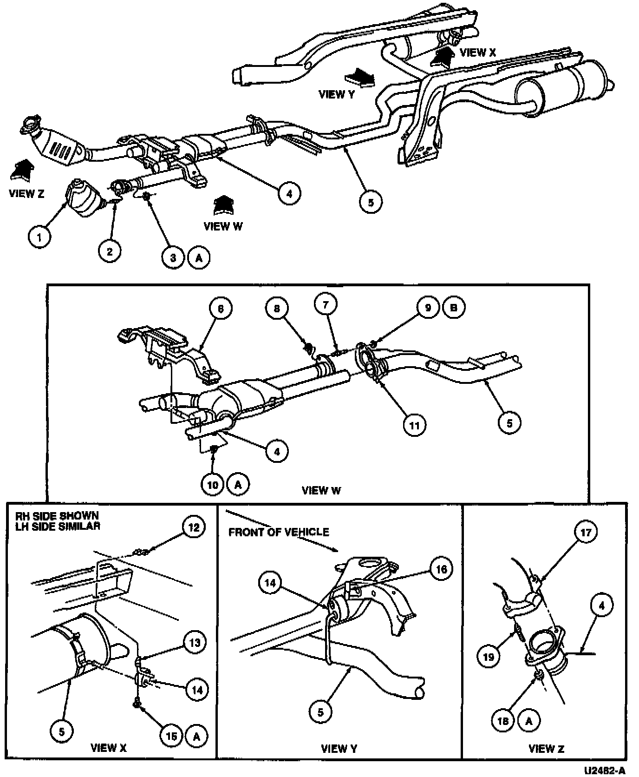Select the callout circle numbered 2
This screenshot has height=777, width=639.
coord(110,251)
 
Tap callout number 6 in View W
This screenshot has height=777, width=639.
coord(221,309)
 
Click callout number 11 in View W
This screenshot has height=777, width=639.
coord(414,424)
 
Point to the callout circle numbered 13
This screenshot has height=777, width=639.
coord(195,643)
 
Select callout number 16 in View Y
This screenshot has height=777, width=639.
coord(441,569)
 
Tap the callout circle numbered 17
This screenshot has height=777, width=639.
coord(586,532)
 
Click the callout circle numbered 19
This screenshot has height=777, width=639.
coord(489,657)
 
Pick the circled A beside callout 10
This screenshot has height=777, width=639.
coord(238,485)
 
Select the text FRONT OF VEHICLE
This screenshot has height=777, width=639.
coord(279,532)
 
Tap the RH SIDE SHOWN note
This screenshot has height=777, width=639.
coord(57,516)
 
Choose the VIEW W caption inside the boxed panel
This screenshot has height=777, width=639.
coord(321,491)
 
